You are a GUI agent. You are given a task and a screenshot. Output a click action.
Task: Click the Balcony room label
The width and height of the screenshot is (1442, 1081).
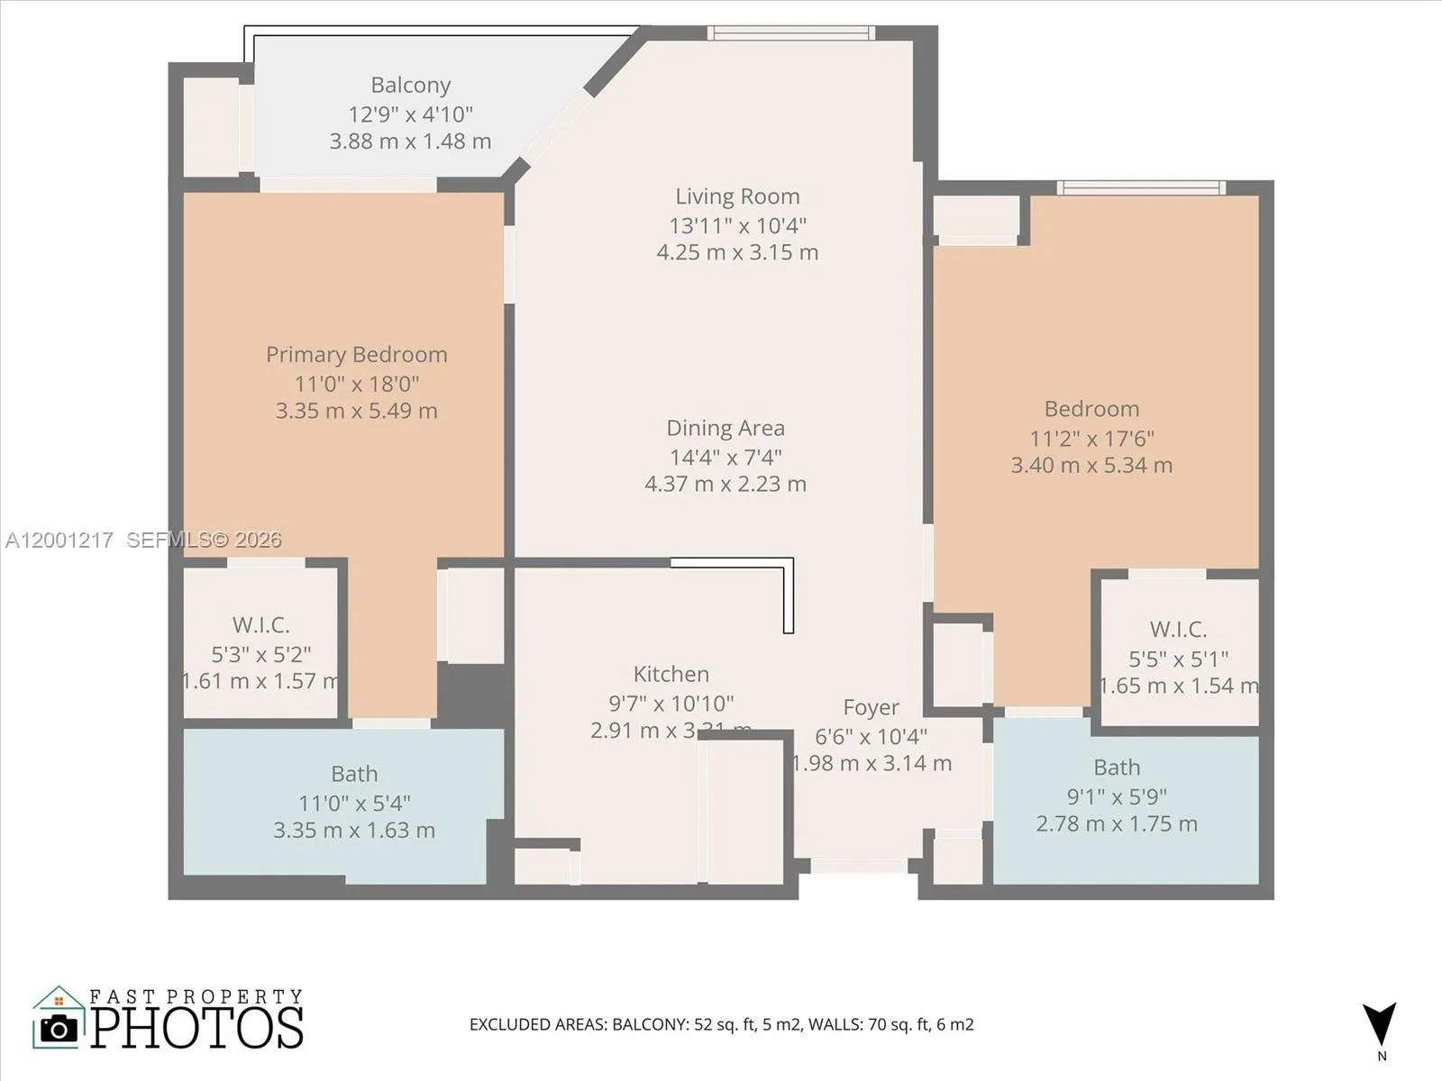[x=410, y=86]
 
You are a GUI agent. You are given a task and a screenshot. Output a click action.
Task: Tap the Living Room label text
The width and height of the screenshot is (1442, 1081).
[x=737, y=196]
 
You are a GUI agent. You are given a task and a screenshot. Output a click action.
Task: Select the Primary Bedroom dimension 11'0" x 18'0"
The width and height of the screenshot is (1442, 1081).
[x=356, y=384]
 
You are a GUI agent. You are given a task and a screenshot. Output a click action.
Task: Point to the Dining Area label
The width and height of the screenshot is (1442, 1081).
[x=725, y=428]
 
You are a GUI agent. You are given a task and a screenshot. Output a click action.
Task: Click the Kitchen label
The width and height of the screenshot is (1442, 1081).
[x=671, y=674]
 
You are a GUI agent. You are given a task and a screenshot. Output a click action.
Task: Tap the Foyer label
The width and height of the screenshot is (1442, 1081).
[x=871, y=708]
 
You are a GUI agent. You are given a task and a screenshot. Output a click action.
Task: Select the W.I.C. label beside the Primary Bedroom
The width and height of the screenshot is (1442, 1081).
[x=260, y=625]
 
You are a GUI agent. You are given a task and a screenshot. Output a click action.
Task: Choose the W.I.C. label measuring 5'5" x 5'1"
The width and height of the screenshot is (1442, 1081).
[x=1178, y=630]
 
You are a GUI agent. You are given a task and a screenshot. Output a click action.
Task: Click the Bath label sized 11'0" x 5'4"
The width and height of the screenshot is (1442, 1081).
[x=354, y=774]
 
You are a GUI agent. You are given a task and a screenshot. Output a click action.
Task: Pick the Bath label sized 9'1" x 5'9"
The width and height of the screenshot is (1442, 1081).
[x=1117, y=768]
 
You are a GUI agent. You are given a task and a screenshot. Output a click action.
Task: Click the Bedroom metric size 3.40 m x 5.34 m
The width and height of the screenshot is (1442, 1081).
[x=1091, y=466]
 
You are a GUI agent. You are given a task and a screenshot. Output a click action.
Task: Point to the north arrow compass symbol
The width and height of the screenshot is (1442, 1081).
[x=1380, y=1025]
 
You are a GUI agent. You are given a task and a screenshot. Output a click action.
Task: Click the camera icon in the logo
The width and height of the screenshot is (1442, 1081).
[x=59, y=1029]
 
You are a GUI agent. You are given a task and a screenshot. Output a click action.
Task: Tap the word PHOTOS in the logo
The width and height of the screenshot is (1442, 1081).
[x=196, y=1028]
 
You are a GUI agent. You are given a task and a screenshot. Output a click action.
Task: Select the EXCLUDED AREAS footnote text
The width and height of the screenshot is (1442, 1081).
[x=721, y=1024]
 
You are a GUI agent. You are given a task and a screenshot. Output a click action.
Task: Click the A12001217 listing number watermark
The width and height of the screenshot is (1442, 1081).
[x=59, y=540]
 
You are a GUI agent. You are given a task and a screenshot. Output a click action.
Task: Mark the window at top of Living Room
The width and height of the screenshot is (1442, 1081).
[x=790, y=33]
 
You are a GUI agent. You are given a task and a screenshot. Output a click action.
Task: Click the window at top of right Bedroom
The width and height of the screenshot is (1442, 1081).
[x=1140, y=187]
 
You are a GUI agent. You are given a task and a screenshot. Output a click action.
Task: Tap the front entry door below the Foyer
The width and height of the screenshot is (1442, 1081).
[x=859, y=866]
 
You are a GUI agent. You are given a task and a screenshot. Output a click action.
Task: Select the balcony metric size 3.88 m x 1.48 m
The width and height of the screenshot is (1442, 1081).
[x=410, y=141]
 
